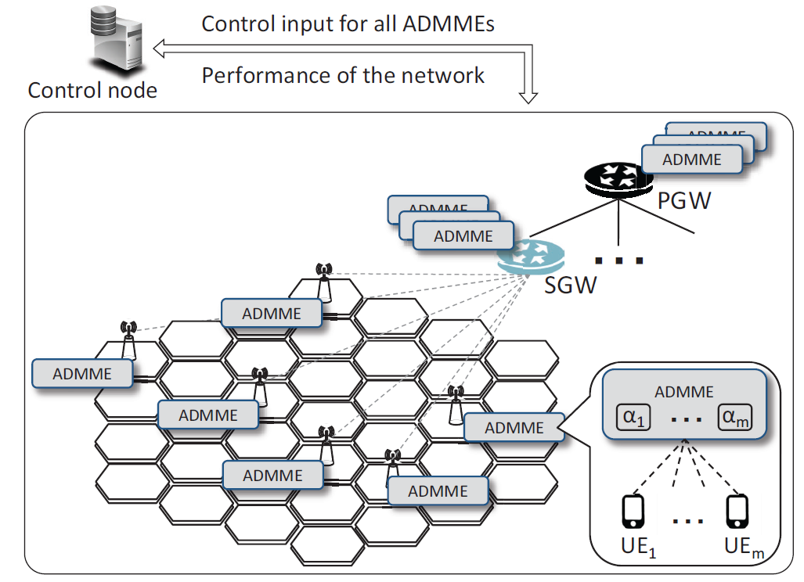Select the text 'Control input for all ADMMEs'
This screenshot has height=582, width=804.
[x=348, y=23]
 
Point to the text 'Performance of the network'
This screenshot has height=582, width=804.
[x=344, y=76]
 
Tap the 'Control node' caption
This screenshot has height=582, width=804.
[x=92, y=90]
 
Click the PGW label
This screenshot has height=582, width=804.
[x=683, y=201]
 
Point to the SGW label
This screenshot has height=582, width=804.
[x=571, y=285]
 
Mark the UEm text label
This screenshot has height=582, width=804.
[x=740, y=548]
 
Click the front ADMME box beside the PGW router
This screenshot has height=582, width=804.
[x=692, y=160]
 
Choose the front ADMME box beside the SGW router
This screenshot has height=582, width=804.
[x=463, y=236]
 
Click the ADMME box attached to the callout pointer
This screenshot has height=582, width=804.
[x=514, y=428]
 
